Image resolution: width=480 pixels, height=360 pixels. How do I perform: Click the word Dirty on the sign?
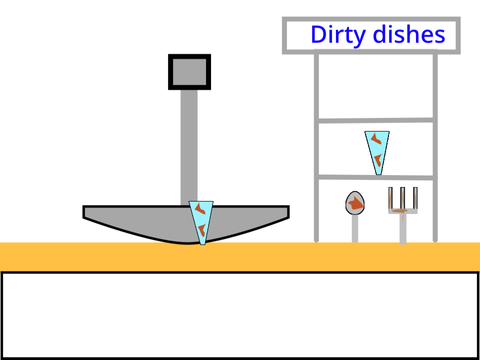click(338, 35)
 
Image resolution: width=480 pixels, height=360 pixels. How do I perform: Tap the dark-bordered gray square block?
click(189, 72)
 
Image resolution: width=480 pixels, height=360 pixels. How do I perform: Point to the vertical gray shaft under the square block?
click(189, 148)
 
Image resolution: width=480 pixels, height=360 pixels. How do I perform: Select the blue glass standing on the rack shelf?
click(377, 153)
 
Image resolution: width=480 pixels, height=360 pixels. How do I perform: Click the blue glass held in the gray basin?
click(201, 222)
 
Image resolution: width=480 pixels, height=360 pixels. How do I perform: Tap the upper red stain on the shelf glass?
click(376, 139)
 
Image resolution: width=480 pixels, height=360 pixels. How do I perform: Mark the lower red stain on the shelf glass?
click(378, 160)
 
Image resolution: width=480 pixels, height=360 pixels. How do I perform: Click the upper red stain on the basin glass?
click(200, 209)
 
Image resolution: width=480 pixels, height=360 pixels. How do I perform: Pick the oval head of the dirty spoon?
click(355, 203)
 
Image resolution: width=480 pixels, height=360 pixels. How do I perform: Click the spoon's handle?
click(355, 228)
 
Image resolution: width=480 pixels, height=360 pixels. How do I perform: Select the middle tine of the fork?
click(403, 198)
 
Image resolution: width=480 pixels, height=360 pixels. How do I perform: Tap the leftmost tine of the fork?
click(390, 198)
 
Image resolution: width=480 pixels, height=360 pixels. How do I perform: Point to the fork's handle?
click(403, 229)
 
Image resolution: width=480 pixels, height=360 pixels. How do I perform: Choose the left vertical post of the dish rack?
click(316, 147)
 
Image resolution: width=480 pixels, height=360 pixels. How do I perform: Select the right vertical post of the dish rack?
click(435, 147)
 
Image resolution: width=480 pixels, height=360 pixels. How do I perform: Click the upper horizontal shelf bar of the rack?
click(376, 120)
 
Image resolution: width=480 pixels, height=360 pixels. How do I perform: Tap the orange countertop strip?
click(240, 257)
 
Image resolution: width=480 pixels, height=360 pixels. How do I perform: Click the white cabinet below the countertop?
click(240, 315)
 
